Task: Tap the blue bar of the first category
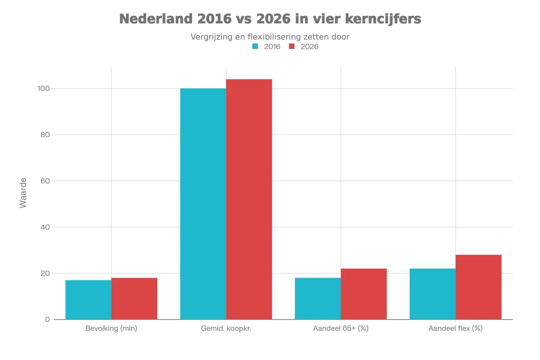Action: (x=88, y=299)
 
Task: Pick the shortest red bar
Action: (x=135, y=297)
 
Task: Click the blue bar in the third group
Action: (x=317, y=297)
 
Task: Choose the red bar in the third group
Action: (x=364, y=294)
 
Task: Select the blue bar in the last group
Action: (x=432, y=294)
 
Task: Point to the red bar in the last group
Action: (x=479, y=287)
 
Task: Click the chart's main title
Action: (x=271, y=19)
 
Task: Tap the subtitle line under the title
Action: (x=269, y=36)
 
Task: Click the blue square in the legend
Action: (x=255, y=46)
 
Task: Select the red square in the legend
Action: (x=292, y=46)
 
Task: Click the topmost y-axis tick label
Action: (x=44, y=88)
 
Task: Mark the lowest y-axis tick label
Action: (x=46, y=319)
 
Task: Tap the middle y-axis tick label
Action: (x=44, y=181)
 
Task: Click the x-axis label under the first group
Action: (x=112, y=330)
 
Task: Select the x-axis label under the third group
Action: (x=340, y=330)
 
